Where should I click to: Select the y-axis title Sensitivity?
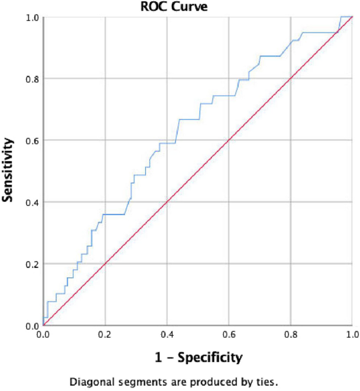point(9,170)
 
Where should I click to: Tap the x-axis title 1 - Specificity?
point(198,358)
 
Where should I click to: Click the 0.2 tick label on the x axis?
point(105,334)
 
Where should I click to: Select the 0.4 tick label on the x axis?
point(167,334)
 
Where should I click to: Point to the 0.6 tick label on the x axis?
point(229,334)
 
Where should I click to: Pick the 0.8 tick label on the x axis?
point(291,334)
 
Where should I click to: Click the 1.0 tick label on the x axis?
point(351,334)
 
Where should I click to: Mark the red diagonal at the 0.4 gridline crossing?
point(167,202)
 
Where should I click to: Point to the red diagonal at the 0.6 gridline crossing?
point(229,140)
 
